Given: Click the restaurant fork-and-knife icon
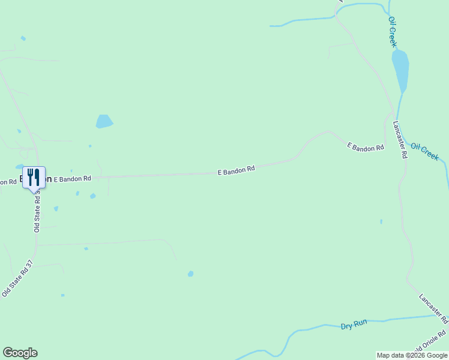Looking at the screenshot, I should [34, 177].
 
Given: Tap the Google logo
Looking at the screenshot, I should [20, 353].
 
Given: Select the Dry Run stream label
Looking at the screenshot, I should [354, 325].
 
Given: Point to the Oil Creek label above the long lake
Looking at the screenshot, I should [392, 32].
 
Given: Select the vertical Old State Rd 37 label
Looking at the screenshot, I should [37, 210].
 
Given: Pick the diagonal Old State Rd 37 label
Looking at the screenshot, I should [16, 281].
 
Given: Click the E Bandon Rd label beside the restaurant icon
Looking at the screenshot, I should [72, 178].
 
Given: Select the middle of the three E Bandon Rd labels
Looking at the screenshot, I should [236, 170].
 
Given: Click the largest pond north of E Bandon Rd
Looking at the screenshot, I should [104, 122].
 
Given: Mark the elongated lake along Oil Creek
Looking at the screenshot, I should [400, 69].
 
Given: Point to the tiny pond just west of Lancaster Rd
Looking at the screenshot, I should [381, 221].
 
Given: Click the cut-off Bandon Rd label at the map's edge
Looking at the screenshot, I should [8, 181].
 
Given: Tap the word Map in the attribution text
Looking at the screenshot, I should [384, 355].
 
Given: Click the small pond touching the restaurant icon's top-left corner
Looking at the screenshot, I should [20, 167].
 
